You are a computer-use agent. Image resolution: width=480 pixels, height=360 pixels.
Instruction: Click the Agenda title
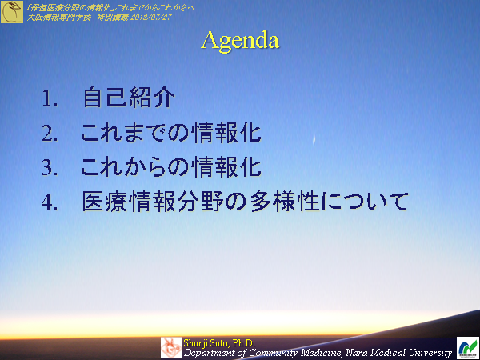click(240, 40)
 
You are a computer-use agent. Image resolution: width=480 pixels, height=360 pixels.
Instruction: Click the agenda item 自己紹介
click(128, 99)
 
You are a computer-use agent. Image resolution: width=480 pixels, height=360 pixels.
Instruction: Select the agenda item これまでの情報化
click(171, 133)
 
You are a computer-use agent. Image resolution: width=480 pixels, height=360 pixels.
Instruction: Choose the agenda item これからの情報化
click(171, 166)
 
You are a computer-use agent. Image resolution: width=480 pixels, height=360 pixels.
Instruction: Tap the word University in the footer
click(426, 352)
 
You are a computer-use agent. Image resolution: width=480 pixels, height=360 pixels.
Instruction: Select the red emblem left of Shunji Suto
click(171, 347)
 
